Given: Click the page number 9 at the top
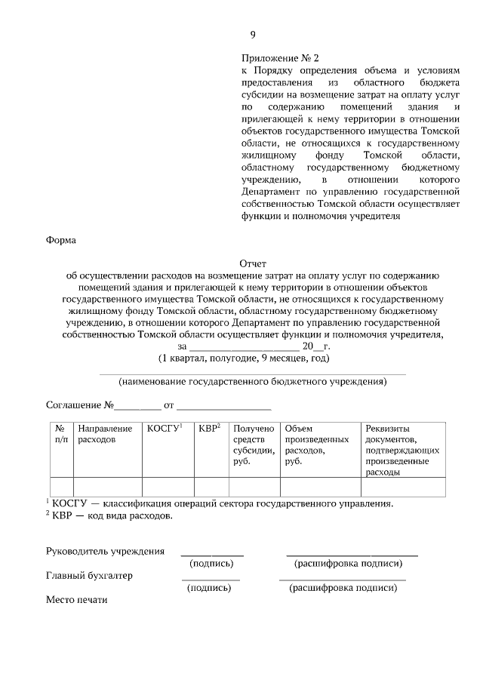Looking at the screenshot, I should tap(253, 35).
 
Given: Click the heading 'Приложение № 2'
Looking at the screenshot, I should tap(280, 57).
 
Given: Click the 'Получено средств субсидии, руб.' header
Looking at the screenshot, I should tap(254, 445).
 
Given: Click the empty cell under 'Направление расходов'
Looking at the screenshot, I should tap(106, 487).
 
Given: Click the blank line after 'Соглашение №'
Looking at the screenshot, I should tap(138, 407).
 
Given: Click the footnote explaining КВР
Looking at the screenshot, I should tap(109, 516).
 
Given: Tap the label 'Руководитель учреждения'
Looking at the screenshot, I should tap(105, 551).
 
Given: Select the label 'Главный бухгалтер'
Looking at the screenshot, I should tap(89, 575).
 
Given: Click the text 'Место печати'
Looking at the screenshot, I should tap(77, 600).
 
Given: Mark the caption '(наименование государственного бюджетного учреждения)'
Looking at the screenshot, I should tap(253, 383).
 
